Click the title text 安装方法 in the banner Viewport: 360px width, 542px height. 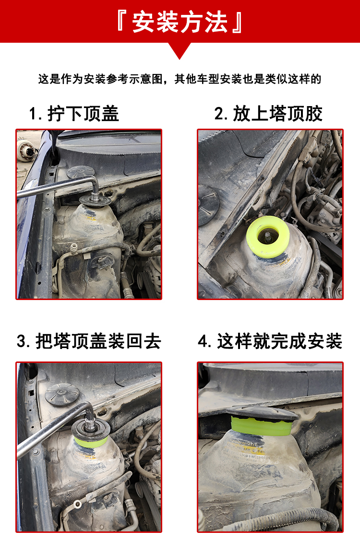click(180, 22)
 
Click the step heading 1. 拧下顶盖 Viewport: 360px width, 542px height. click(74, 114)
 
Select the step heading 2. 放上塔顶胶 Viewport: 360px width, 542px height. click(269, 114)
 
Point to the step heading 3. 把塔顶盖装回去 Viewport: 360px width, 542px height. click(89, 341)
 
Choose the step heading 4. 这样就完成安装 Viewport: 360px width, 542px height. click(270, 341)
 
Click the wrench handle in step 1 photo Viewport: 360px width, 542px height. click(53, 187)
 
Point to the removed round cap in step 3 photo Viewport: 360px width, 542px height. click(62, 394)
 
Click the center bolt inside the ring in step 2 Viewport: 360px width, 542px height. click(267, 235)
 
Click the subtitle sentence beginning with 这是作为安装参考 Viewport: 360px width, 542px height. click(180, 79)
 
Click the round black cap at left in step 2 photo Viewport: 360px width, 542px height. click(207, 205)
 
